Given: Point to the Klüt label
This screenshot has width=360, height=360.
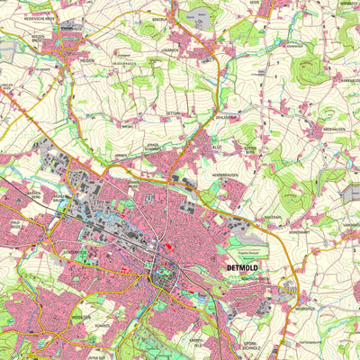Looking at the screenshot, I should [216, 144].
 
